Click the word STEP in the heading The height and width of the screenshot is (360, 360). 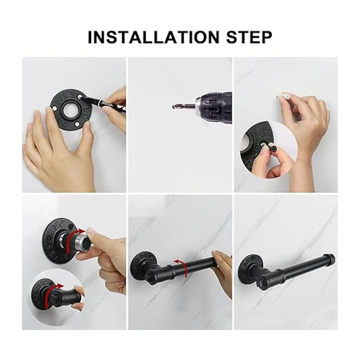click(249, 37)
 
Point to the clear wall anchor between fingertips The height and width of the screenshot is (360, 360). click(284, 97)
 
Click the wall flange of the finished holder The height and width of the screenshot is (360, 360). click(249, 267)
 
